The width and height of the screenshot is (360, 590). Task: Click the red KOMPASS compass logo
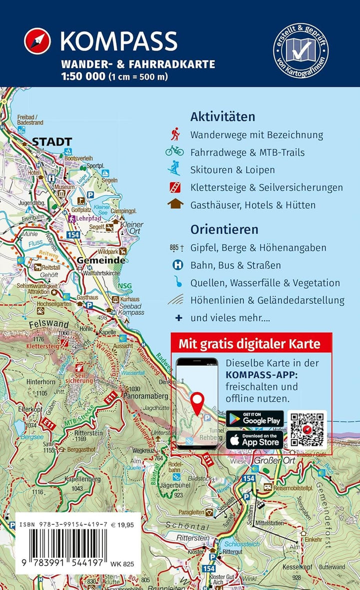pyautogui.click(x=37, y=41)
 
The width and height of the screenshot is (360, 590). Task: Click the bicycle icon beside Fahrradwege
pyautogui.click(x=174, y=151)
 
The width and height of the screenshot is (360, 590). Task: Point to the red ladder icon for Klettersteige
pyautogui.click(x=174, y=187)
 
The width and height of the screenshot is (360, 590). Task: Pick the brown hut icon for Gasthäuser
pyautogui.click(x=174, y=204)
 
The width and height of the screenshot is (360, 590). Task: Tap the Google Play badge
pyautogui.click(x=254, y=419)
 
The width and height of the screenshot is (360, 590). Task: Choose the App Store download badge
pyautogui.click(x=254, y=440)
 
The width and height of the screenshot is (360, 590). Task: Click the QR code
pyautogui.click(x=307, y=429)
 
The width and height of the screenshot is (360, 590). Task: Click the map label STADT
pyautogui.click(x=52, y=142)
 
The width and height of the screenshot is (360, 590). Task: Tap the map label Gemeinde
pyautogui.click(x=101, y=261)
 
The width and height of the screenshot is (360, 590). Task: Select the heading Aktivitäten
pyautogui.click(x=222, y=117)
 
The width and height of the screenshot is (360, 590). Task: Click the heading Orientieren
pyautogui.click(x=224, y=229)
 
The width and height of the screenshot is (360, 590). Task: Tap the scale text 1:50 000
pyautogui.click(x=82, y=77)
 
